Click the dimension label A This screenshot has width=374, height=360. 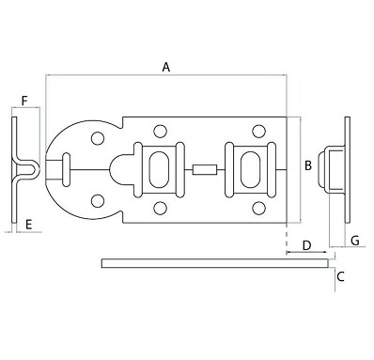(165, 68)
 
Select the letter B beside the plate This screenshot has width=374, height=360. (307, 166)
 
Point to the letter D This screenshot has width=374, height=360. (306, 245)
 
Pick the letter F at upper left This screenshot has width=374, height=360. (24, 99)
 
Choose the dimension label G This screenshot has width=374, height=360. (354, 242)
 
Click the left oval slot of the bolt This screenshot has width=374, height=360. (154, 169)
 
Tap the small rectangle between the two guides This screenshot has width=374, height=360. (202, 170)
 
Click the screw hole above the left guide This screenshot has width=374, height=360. (160, 132)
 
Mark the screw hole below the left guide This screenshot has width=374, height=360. (160, 208)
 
